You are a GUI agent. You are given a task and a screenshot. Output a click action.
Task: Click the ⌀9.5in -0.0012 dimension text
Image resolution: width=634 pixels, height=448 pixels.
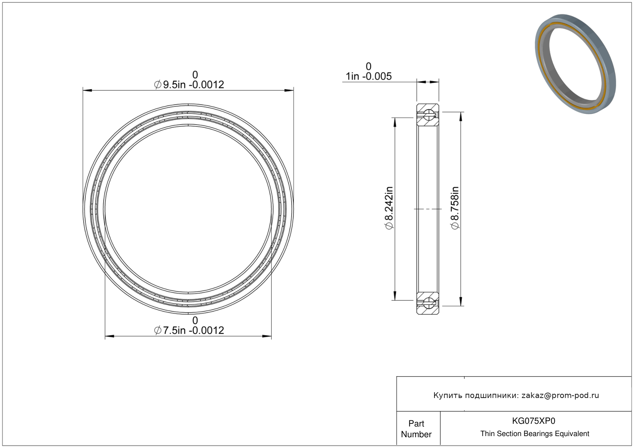[x=189, y=85]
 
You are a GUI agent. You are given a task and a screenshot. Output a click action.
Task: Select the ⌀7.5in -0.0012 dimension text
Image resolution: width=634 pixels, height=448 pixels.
[x=189, y=330]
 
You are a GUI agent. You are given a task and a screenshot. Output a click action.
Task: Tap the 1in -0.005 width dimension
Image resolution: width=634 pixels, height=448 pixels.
[x=369, y=76]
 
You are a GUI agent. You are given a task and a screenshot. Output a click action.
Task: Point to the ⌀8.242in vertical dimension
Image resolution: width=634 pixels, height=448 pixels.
[x=389, y=208]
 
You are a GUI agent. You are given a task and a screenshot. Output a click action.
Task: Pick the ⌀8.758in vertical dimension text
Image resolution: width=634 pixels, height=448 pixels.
[x=454, y=208]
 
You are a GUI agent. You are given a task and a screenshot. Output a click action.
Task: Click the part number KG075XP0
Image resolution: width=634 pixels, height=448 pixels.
[x=533, y=421]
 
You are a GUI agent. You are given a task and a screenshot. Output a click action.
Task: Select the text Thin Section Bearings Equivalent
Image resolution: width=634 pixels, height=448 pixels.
[x=535, y=433]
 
